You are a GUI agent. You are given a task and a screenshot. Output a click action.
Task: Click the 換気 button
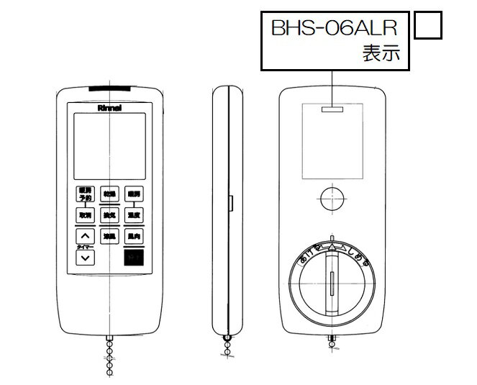pos(109,214)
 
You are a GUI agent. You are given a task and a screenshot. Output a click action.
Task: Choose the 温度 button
pos(133,214)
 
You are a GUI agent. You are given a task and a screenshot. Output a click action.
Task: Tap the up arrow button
pos(86,236)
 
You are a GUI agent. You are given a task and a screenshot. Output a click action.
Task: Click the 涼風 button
pos(109,236)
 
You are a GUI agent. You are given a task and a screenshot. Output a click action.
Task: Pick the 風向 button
pos(133,236)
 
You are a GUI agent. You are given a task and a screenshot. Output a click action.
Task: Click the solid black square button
pos(133,257)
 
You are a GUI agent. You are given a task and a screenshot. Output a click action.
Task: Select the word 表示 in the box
pos(380,54)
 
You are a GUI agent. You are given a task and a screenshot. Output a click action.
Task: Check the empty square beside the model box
pos(428,26)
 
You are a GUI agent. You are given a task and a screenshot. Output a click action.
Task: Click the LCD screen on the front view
pos(108,147)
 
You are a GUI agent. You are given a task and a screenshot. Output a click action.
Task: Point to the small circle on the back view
pos(332,196)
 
